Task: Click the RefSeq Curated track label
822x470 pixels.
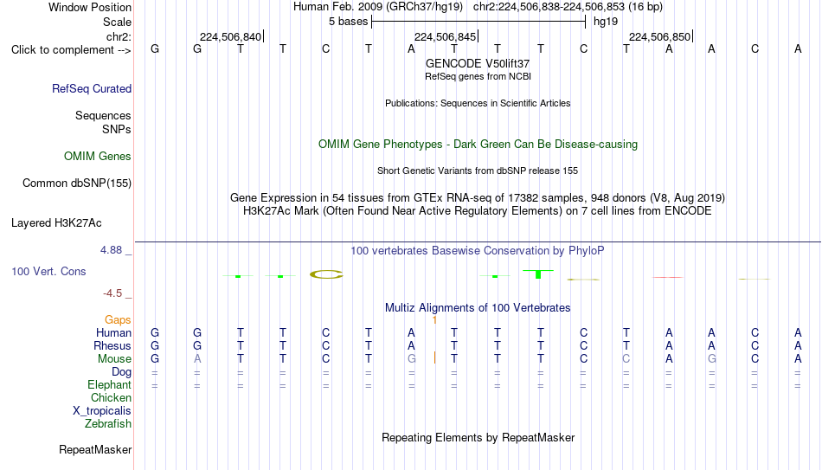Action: pyautogui.click(x=92, y=88)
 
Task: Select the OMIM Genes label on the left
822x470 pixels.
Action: pyautogui.click(x=98, y=157)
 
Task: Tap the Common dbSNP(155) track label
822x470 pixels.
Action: pyautogui.click(x=77, y=183)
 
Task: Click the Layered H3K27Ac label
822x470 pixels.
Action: pyautogui.click(x=56, y=223)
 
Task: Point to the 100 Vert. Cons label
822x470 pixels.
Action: pyautogui.click(x=48, y=271)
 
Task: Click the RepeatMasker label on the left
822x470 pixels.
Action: pyautogui.click(x=95, y=449)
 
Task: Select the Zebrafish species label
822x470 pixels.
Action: pyautogui.click(x=108, y=423)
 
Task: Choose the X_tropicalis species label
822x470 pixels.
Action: pyautogui.click(x=102, y=411)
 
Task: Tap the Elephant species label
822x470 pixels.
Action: pyautogui.click(x=110, y=384)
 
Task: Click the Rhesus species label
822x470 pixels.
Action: pyautogui.click(x=112, y=345)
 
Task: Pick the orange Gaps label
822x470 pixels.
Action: pyautogui.click(x=118, y=320)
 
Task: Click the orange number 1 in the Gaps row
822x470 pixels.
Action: pyautogui.click(x=434, y=320)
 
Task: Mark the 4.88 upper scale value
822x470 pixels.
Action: pyautogui.click(x=111, y=250)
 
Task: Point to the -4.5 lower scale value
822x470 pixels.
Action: pyautogui.click(x=112, y=293)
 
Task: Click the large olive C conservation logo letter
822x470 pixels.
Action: pyautogui.click(x=326, y=274)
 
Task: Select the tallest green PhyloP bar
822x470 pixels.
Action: pyautogui.click(x=538, y=274)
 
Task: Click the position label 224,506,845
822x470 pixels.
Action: pyautogui.click(x=445, y=36)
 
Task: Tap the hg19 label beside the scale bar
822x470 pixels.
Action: pyautogui.click(x=606, y=22)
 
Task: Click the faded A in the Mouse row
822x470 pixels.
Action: pyautogui.click(x=197, y=359)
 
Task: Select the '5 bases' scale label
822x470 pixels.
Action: pyautogui.click(x=348, y=22)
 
